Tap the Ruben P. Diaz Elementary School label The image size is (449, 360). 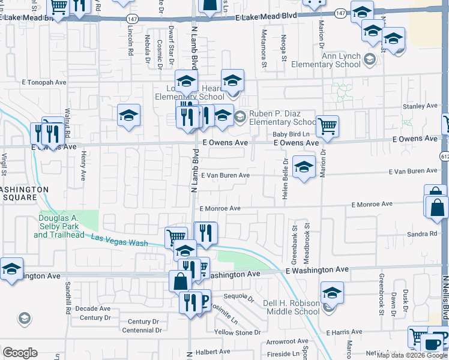pos(278,118)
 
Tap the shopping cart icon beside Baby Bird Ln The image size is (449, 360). pos(328,127)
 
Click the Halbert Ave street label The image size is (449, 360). pos(212,352)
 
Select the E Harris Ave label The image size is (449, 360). pos(345,332)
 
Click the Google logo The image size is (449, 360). pos(20,353)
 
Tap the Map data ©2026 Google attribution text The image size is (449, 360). pos(412,355)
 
